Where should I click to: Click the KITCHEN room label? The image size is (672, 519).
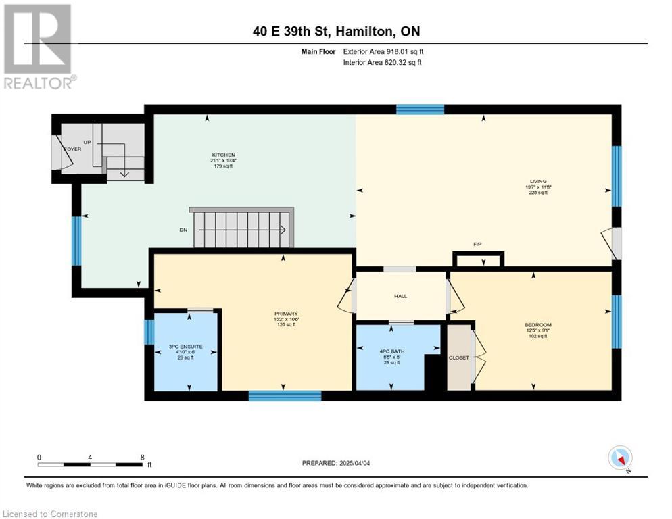point(223,155)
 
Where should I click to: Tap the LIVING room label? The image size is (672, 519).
point(538,181)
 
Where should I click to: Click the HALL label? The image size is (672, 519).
point(400,296)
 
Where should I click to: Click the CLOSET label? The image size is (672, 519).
point(458,357)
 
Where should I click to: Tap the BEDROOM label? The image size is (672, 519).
point(538,325)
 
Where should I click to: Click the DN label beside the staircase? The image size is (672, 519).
point(183,230)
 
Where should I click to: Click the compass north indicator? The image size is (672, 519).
point(620,458)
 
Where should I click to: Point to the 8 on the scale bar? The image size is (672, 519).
point(141,457)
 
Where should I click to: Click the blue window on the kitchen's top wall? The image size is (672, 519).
point(420,109)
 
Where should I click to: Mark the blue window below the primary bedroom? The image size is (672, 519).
point(285,395)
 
